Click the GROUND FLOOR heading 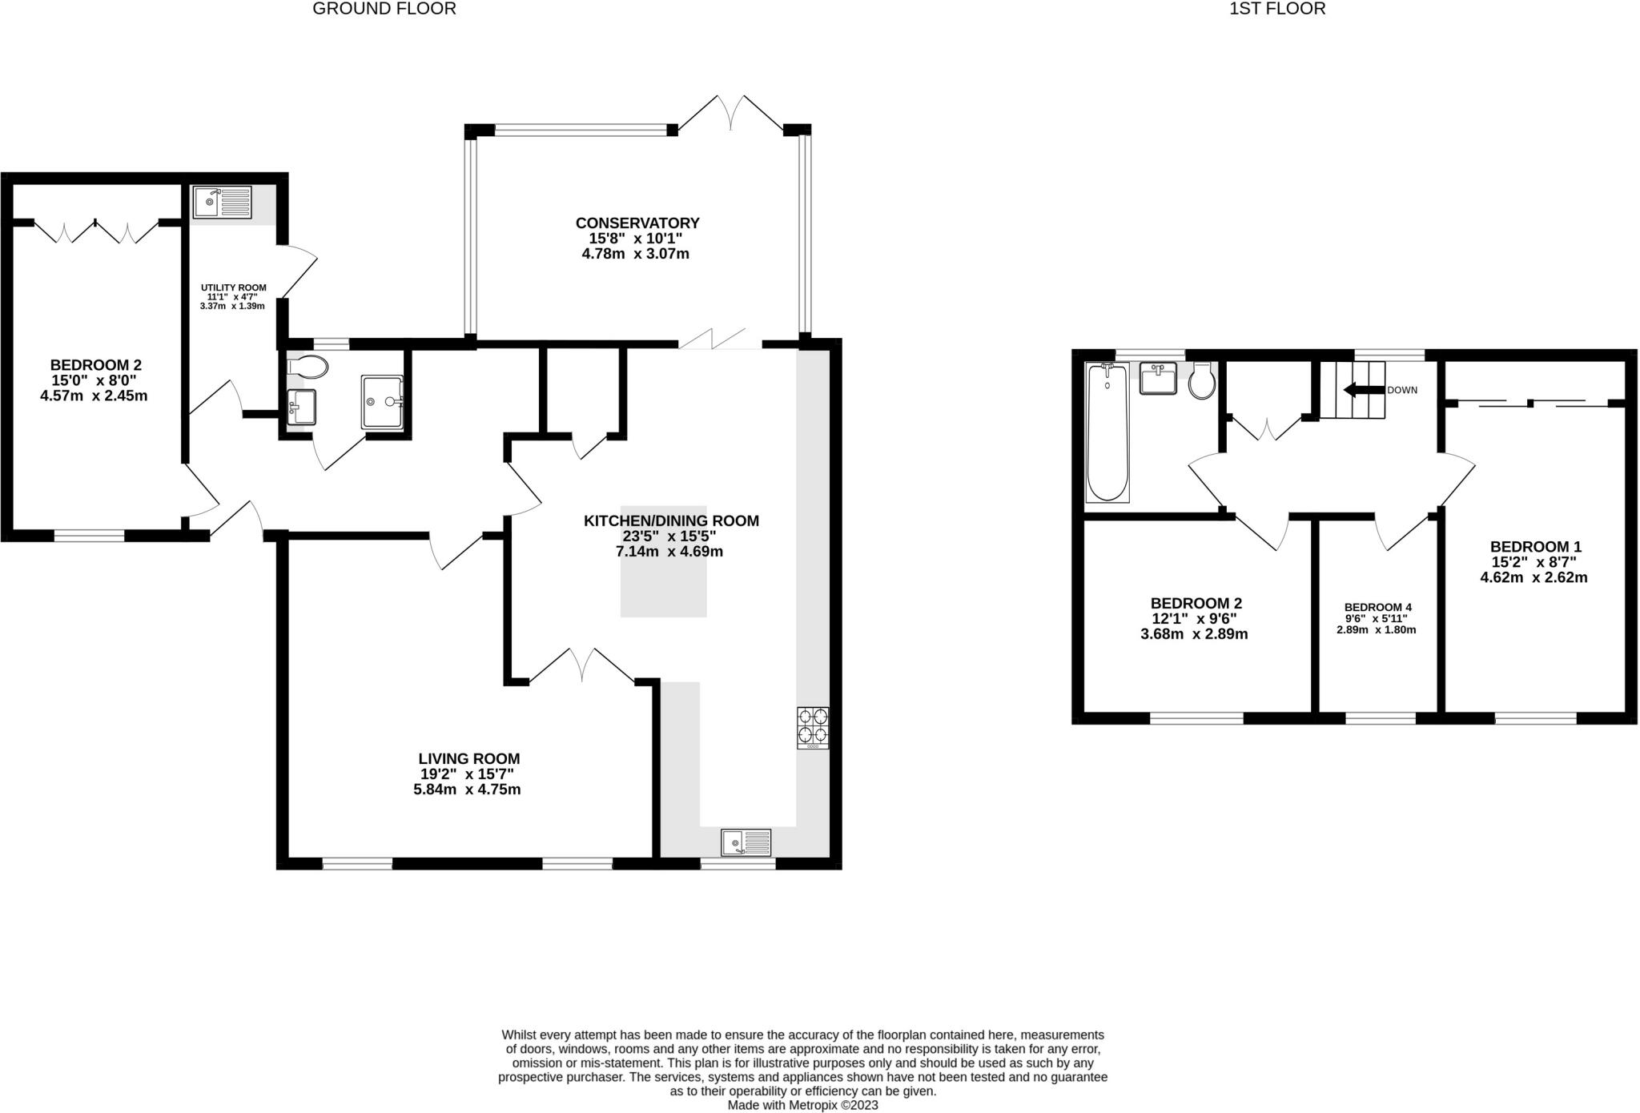pos(384,9)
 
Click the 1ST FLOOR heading pos(1277,9)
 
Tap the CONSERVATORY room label pos(637,223)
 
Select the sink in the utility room pos(222,202)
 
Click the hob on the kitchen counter pos(812,727)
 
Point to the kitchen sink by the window pos(746,843)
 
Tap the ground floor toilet pos(307,367)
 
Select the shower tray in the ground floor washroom pos(383,401)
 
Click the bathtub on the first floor pos(1107,432)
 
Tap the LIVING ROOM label pos(468,758)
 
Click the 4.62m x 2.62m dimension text pos(1533,577)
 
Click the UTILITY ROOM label pos(233,287)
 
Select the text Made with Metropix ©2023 pos(802,1105)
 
